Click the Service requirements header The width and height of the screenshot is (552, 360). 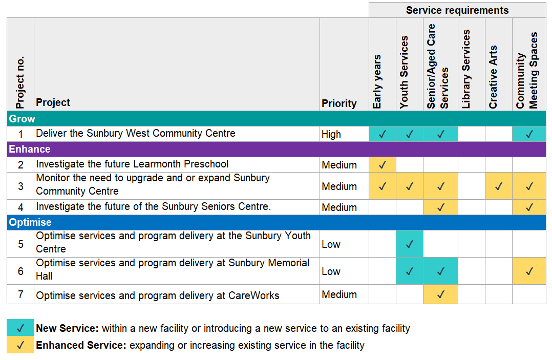coord(457,10)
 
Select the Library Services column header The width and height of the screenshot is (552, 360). coord(466,69)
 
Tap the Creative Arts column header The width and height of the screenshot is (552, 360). coord(493,77)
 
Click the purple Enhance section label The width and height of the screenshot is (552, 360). coord(29,149)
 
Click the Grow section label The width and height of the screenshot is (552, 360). coord(22,119)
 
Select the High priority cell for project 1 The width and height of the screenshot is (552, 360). coord(331,134)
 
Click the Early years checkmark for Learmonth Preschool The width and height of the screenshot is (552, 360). coord(382,165)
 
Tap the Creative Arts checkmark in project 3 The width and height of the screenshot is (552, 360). coord(498,186)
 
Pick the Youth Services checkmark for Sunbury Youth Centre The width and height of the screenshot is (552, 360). coord(409,244)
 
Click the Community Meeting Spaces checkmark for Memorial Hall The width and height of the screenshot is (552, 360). coord(529,271)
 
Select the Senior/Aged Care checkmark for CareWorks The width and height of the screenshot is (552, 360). coord(440,294)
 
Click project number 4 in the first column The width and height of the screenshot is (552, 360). coord(20,207)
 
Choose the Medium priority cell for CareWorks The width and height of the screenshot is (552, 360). coord(339,294)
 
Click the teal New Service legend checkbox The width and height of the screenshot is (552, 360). coord(20,328)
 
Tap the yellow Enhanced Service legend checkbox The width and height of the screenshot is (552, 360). coord(20,345)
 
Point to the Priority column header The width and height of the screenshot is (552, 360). coord(339,103)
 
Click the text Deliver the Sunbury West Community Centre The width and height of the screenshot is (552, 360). coord(136,134)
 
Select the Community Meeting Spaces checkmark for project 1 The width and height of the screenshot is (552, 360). coord(529,134)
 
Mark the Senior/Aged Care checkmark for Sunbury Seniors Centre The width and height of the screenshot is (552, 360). coord(440,207)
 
